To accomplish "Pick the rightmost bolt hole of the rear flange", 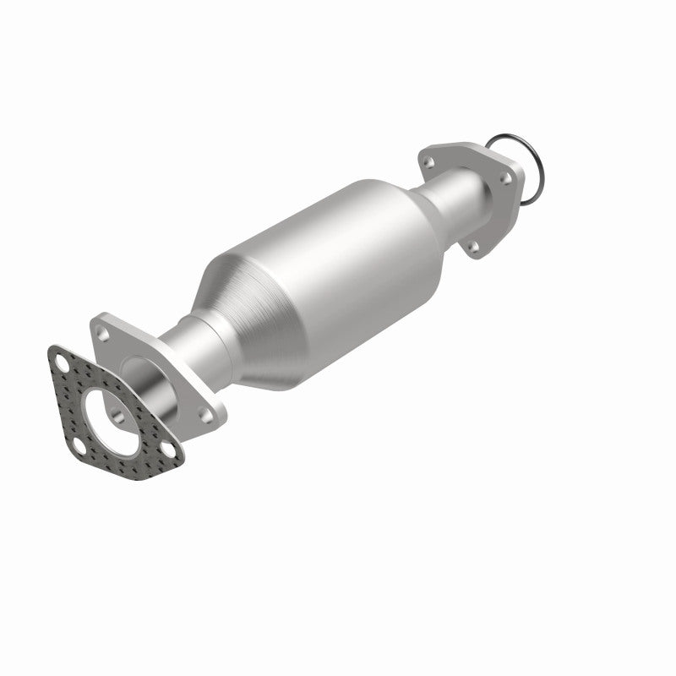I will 508,179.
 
